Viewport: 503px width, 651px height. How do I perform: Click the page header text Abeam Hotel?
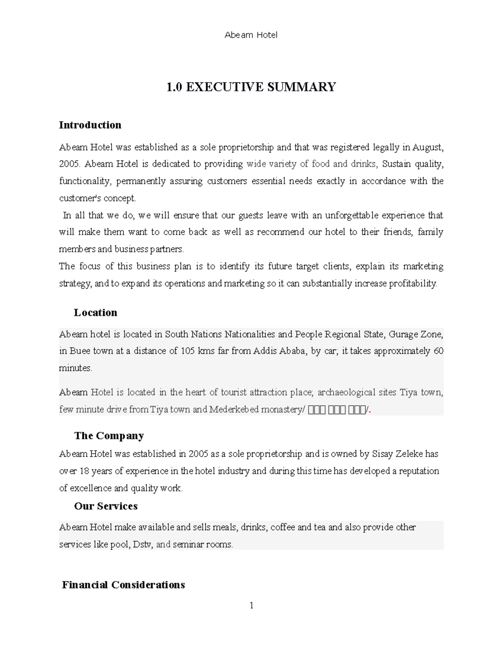(x=251, y=35)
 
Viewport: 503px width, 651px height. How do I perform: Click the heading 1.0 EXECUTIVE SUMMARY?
(x=251, y=87)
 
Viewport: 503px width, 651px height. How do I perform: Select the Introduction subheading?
(x=90, y=125)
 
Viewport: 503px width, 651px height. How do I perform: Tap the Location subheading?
(x=96, y=313)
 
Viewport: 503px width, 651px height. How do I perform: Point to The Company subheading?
(x=109, y=436)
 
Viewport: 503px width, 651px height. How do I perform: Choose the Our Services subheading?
(x=106, y=506)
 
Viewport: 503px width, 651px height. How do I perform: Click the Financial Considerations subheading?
(x=123, y=585)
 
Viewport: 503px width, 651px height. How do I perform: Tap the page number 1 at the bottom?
(x=251, y=606)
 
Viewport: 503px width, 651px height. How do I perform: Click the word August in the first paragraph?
(x=427, y=148)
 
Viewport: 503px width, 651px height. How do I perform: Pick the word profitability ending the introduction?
(x=412, y=284)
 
